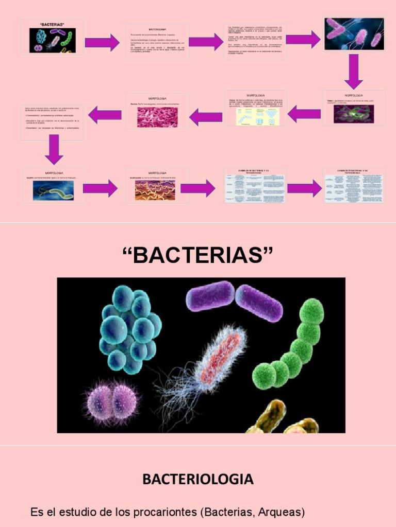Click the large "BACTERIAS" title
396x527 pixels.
point(198,255)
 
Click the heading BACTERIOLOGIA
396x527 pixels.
point(198,480)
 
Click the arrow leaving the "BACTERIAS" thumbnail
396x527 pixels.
point(102,42)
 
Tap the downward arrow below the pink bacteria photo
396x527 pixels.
point(354,71)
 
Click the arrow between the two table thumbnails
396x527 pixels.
point(304,188)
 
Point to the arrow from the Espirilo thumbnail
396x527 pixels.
point(100,188)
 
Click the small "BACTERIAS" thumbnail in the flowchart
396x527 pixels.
point(52,38)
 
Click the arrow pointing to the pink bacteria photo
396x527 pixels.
point(303,39)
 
